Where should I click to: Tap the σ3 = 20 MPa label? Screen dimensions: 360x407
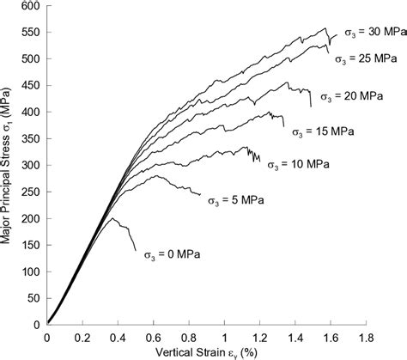[x=351, y=96]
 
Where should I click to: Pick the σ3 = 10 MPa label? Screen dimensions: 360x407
[x=298, y=163]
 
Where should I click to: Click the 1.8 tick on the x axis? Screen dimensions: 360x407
[x=367, y=336]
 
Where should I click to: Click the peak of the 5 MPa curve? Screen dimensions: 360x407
[x=155, y=175]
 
